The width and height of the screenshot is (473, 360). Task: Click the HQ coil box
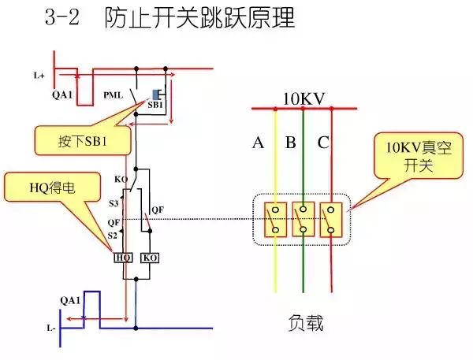pyautogui.click(x=123, y=258)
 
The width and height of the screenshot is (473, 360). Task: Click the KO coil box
pyautogui.click(x=148, y=258)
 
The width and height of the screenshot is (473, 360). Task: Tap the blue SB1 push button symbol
pyautogui.click(x=156, y=94)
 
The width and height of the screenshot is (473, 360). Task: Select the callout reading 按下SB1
pyautogui.click(x=83, y=142)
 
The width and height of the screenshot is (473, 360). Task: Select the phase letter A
pyautogui.click(x=258, y=143)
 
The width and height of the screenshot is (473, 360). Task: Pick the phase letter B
pyautogui.click(x=290, y=143)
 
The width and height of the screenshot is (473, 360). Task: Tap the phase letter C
pyautogui.click(x=323, y=143)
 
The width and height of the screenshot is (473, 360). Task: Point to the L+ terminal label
pyautogui.click(x=39, y=76)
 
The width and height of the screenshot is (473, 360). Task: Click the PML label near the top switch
pyautogui.click(x=113, y=95)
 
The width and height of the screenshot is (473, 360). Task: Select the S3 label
pyautogui.click(x=114, y=204)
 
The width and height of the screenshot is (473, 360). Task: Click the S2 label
pyautogui.click(x=113, y=235)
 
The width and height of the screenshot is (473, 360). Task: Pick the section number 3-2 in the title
pyautogui.click(x=65, y=20)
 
